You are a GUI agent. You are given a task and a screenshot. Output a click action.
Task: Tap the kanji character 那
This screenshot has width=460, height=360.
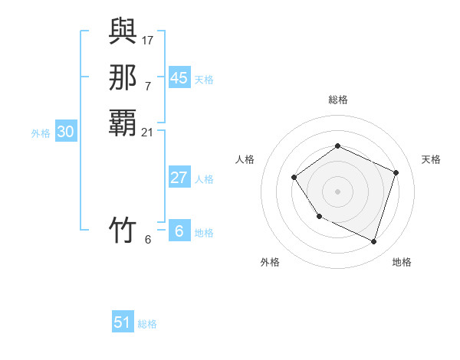coord(123,77)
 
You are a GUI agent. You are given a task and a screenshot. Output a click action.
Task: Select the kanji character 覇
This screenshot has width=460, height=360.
coord(123,123)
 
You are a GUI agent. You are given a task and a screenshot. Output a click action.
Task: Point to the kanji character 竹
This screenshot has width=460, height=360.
coord(123,229)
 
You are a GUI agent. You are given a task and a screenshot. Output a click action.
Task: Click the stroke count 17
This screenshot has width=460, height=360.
coord(148,40)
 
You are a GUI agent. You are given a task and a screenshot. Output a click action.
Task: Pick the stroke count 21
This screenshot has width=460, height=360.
coord(148,133)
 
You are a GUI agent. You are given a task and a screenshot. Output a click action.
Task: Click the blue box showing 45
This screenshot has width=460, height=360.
coord(179,77)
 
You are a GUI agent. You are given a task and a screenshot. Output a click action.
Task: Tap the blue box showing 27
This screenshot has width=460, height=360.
coord(179,178)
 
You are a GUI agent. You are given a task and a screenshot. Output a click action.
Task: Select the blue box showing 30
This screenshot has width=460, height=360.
coord(66,132)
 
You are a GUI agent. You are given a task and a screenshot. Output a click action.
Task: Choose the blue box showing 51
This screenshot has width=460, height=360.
coord(123,322)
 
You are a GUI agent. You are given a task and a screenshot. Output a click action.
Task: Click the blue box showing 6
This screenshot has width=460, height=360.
coord(179,231)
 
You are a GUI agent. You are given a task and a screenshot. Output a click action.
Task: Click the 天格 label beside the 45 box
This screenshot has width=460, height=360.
coord(204,79)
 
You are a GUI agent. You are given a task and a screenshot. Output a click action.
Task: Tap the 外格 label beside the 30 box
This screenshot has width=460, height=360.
coord(41,133)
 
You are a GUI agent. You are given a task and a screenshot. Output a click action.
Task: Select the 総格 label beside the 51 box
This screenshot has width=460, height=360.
coord(147,324)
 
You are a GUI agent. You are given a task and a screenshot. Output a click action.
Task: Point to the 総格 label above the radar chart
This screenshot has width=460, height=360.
coord(338,100)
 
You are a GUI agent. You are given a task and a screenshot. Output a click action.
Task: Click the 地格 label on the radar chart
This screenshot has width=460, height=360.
coord(402,262)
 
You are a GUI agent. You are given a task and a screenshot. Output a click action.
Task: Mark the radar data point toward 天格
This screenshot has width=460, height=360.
coord(396,172)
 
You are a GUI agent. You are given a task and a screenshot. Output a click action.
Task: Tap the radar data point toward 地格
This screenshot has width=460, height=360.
coord(374,242)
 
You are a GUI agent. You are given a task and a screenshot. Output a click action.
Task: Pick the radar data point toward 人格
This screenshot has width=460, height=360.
coord(294,178)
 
